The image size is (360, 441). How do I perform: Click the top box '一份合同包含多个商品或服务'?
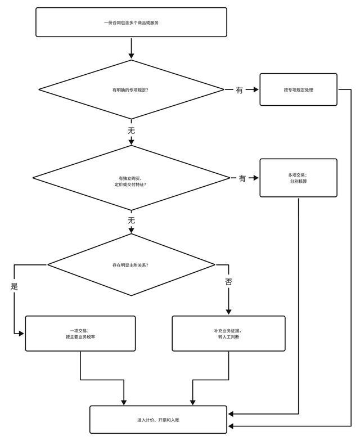coord(131,22)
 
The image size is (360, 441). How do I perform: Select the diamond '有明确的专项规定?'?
coord(131,89)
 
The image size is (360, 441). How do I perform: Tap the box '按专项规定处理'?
coord(298,89)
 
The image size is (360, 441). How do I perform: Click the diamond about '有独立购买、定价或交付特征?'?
coord(131,178)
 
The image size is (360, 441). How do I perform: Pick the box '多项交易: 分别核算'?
coord(298,178)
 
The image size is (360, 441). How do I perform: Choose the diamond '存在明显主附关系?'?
coord(131,264)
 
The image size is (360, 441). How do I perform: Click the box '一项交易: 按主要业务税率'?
coord(80,333)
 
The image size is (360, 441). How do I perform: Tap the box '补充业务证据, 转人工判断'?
coord(228,333)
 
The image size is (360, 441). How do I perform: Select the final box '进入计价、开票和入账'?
coord(159,420)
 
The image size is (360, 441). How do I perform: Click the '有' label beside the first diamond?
coord(240,90)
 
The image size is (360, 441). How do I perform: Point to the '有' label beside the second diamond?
coord(242,178)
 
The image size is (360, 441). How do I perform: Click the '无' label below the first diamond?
coord(132,130)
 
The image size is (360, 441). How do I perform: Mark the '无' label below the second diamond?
coord(132,220)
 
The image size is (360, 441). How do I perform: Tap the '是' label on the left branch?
coord(14,286)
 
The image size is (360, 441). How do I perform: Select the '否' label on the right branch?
coord(228,281)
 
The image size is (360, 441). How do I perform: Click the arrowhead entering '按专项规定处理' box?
coord(255,89)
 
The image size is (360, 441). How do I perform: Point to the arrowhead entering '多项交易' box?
coord(255,178)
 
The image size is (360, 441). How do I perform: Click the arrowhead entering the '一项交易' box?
coord(21,334)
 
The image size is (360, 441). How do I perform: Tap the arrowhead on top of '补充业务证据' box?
coord(228,312)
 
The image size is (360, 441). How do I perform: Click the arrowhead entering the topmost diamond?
coord(132,56)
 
